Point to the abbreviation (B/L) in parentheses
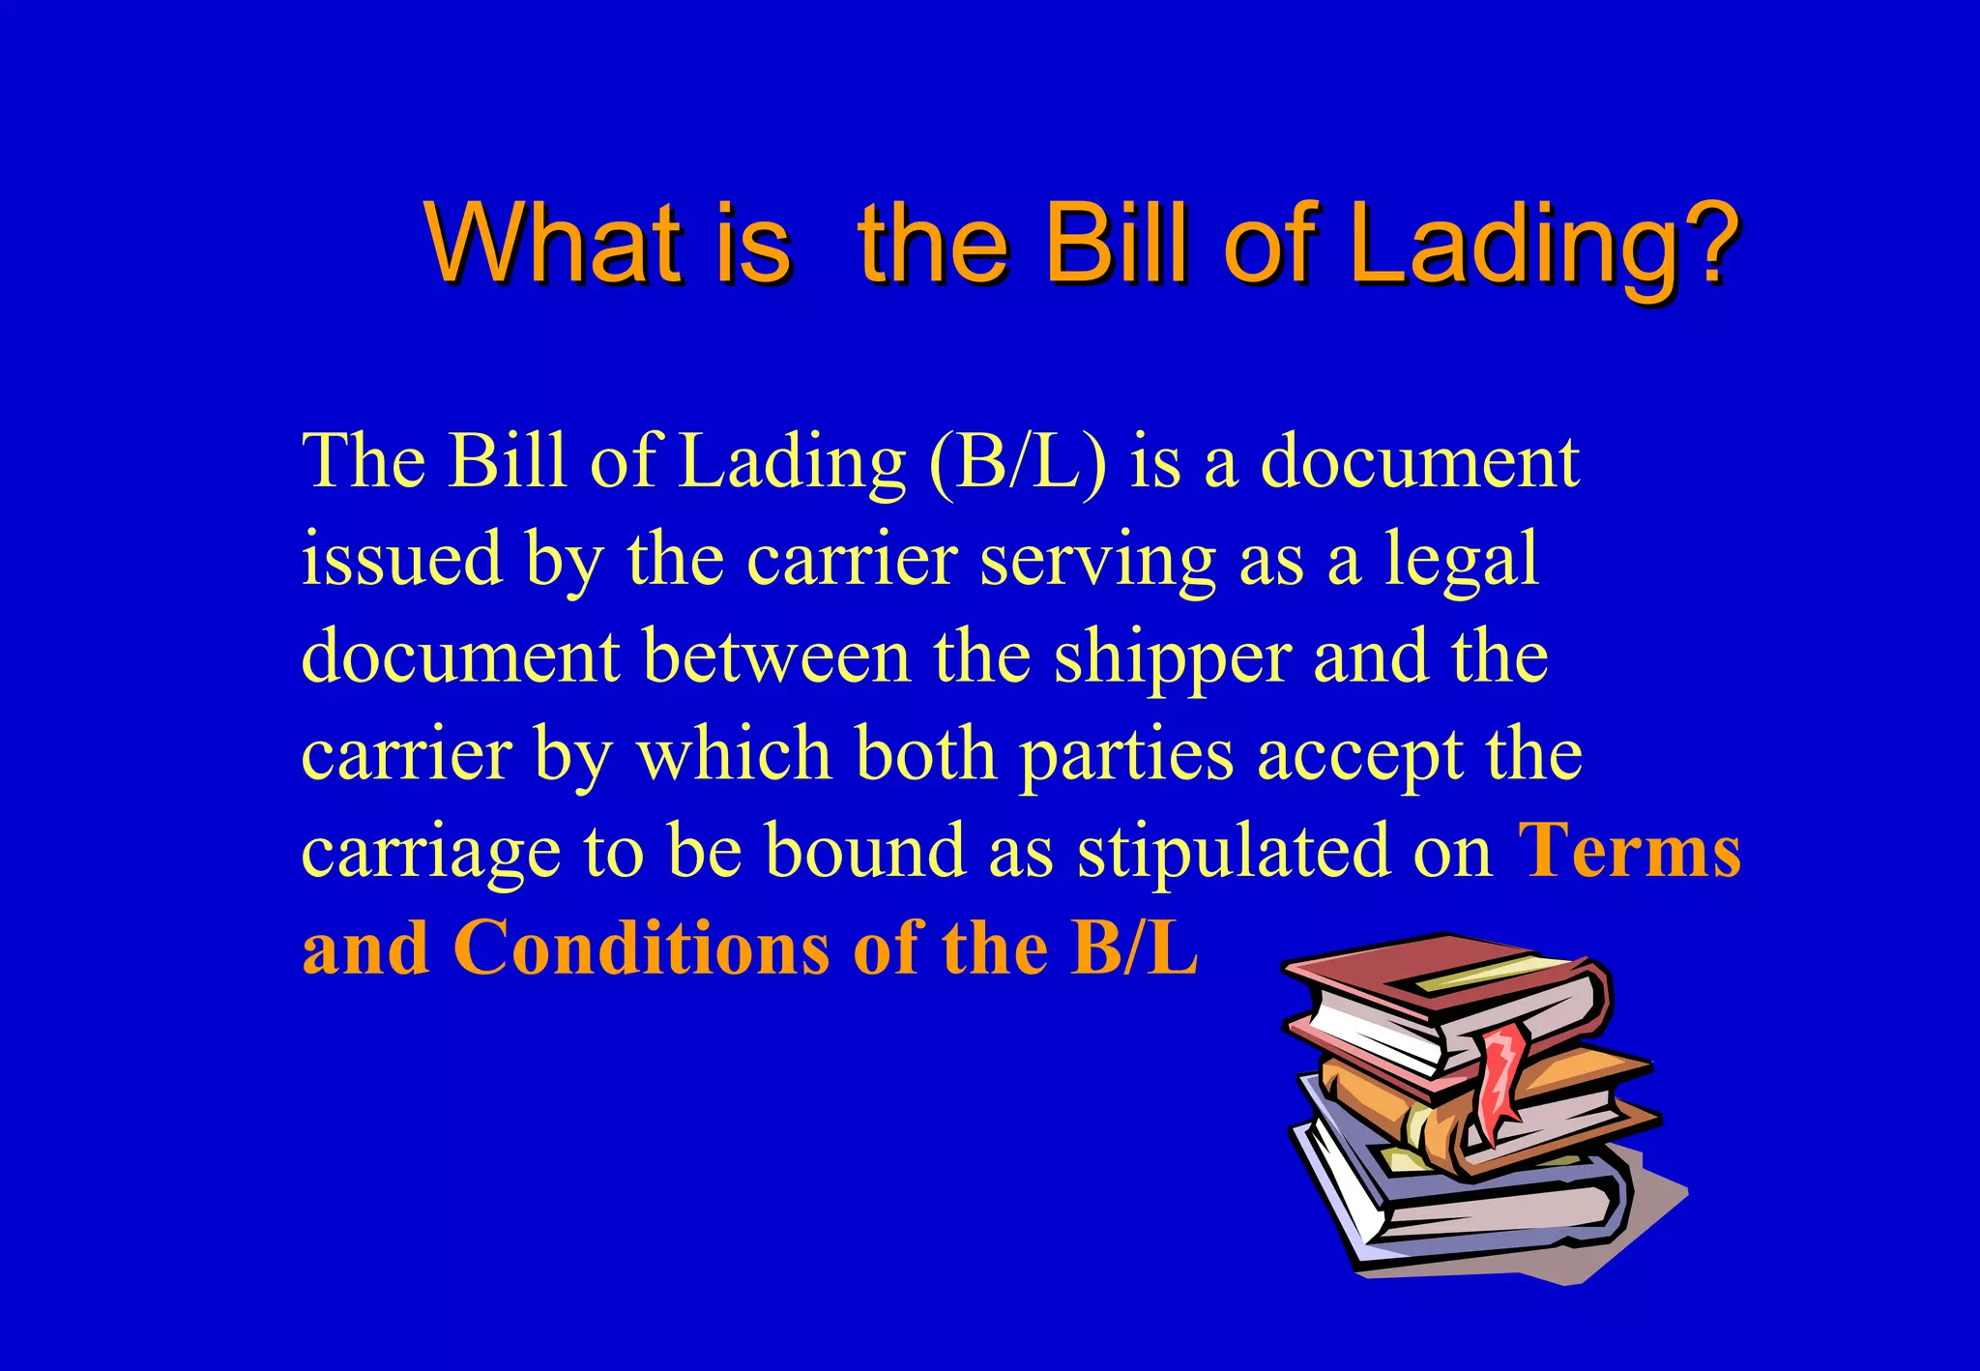pyautogui.click(x=1017, y=462)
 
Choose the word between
pyautogui.click(x=776, y=656)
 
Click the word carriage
pyautogui.click(x=431, y=854)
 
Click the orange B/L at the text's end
pyautogui.click(x=1135, y=948)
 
